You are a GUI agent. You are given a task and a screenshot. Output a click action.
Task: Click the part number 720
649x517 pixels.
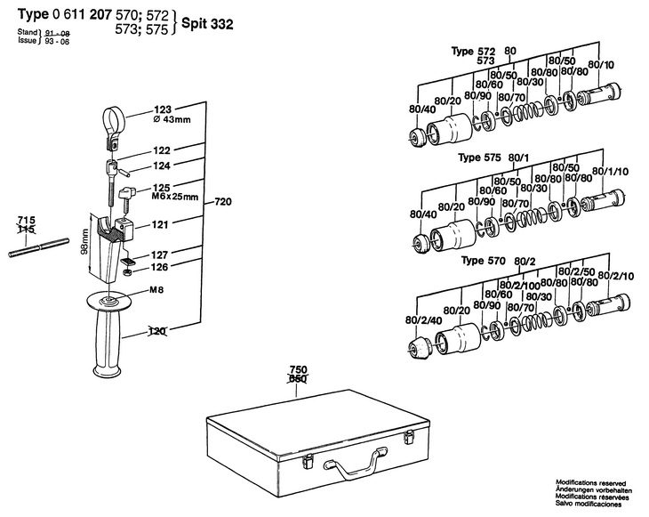pos(223,202)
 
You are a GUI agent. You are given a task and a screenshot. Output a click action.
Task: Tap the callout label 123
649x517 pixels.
pos(162,109)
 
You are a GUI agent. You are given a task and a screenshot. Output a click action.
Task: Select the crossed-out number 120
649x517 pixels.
pos(156,331)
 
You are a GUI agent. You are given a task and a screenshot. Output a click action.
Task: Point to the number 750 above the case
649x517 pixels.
pos(297,369)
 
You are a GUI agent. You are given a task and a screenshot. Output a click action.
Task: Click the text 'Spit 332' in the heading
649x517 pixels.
pos(207,24)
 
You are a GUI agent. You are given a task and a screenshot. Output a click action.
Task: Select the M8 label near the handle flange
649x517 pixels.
pos(156,289)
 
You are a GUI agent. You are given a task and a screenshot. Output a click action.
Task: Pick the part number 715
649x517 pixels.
pos(27,221)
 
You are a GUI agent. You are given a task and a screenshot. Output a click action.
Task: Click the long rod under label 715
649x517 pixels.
pos(38,247)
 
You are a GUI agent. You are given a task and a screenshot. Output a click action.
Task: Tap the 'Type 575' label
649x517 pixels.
pos(479,158)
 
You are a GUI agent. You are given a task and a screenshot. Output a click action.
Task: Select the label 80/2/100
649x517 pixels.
pos(520,286)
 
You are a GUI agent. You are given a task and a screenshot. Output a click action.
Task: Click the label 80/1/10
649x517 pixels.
pos(611,171)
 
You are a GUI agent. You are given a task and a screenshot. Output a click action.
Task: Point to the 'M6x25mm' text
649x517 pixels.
pos(174,197)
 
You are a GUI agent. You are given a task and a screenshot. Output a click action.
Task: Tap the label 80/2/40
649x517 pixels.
pos(424,319)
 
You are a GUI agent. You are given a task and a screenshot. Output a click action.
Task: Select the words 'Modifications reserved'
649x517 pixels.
pos(590,483)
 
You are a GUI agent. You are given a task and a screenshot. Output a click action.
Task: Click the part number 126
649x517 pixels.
pos(159,267)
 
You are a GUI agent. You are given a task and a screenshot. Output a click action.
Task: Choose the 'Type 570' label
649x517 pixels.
pos(484,261)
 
